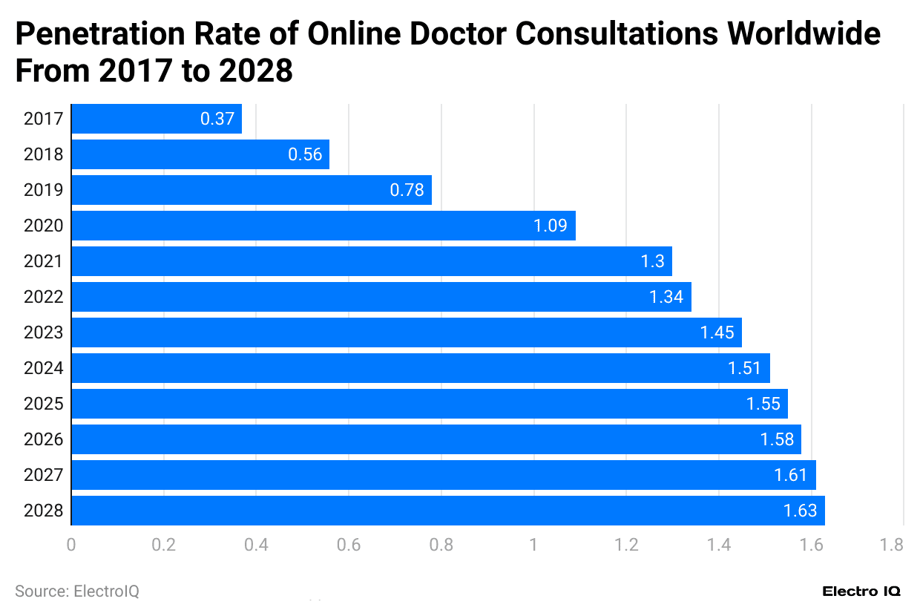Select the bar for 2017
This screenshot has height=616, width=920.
pos(157,119)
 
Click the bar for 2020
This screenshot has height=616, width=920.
pos(323,226)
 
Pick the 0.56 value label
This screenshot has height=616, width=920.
pos(305,154)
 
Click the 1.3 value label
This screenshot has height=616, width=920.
pos(652,261)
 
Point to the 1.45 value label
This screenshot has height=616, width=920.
pos(717,332)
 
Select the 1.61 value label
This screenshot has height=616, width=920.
pos(790,475)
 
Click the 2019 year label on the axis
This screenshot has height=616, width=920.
pos(43,190)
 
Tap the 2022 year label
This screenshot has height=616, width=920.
pos(43,297)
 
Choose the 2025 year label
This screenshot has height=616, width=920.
pos(43,404)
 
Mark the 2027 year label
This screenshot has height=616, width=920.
pos(43,475)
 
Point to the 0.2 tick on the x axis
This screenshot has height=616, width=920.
pos(163,545)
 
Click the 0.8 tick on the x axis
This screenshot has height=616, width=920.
pos(441,545)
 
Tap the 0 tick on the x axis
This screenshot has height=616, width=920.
pos(71,545)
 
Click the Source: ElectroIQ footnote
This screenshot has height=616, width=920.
pos(77,592)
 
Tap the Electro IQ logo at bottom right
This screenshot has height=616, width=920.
pos(861,592)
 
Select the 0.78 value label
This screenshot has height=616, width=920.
pos(407,190)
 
